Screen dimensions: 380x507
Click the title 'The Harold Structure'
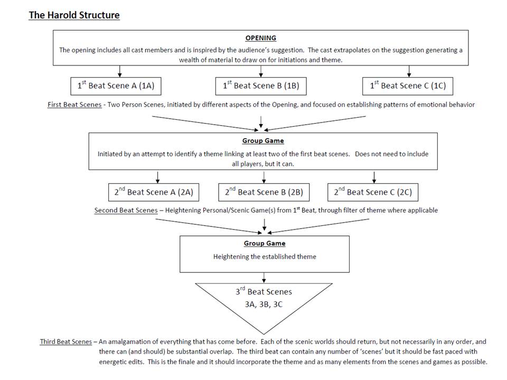(x=74, y=15)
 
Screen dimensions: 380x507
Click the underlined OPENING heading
(x=260, y=38)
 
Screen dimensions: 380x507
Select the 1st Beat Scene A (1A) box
(x=116, y=85)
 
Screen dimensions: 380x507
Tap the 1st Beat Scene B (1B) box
(x=261, y=85)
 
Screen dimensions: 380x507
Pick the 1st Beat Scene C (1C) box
(x=408, y=85)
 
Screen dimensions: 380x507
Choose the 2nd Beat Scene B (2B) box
(x=264, y=192)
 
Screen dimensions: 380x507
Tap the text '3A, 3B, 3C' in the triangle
(x=264, y=304)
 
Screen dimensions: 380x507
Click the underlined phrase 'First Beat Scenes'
(x=74, y=104)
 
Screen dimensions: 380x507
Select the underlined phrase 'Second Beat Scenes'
(x=126, y=210)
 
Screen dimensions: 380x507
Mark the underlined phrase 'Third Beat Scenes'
(x=66, y=341)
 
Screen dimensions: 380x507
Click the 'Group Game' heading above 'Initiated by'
(x=263, y=141)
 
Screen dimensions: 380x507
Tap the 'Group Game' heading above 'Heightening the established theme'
(x=265, y=243)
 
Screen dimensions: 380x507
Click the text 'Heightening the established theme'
(x=265, y=257)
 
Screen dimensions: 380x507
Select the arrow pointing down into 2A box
(x=157, y=176)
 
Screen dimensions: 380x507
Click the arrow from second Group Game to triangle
(x=264, y=278)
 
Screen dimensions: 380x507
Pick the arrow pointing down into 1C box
(x=409, y=70)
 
